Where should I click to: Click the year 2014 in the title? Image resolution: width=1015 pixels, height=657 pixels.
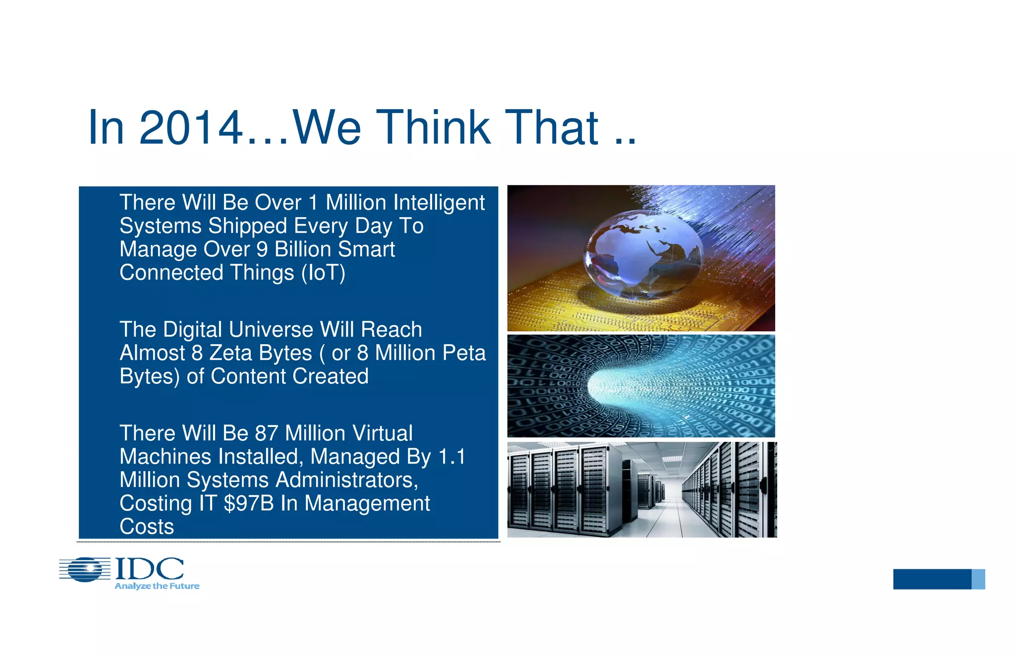pos(191,128)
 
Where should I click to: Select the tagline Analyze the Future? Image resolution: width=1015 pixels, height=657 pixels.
pos(157,586)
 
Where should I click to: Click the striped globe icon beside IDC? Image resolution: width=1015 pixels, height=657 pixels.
pos(85,569)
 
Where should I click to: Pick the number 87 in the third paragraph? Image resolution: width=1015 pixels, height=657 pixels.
pos(266,433)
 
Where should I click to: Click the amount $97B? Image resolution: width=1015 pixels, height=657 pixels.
pos(249,503)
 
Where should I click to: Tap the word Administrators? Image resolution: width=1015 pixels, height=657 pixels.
pos(346,480)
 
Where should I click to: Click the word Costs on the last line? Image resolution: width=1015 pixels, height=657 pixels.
pos(147,527)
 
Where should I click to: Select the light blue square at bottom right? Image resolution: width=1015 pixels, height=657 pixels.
pos(978,579)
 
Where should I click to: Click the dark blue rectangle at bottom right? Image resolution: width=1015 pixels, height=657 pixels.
pos(932,579)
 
